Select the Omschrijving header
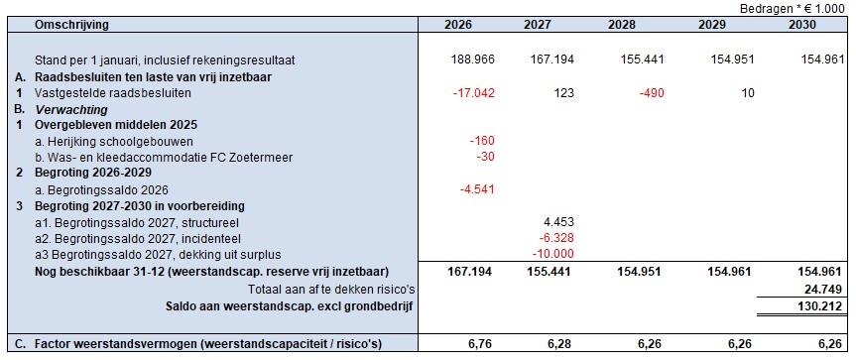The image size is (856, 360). point(71,25)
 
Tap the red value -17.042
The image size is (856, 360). point(474,93)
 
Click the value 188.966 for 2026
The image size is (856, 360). point(473,59)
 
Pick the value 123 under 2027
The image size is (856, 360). point(564,93)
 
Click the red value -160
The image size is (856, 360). point(482,141)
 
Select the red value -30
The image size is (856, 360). point(485,158)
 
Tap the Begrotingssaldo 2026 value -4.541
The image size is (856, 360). point(476,189)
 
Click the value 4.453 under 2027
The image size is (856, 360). point(559,222)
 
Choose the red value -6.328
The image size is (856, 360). point(555,238)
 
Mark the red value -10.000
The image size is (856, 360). point(553,254)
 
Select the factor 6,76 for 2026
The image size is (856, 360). point(481,343)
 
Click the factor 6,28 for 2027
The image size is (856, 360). point(560,343)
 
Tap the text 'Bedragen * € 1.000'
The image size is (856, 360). point(792,8)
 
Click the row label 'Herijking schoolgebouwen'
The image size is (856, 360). point(113,142)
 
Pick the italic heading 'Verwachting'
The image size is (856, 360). point(71,109)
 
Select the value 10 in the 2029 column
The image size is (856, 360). point(748,93)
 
